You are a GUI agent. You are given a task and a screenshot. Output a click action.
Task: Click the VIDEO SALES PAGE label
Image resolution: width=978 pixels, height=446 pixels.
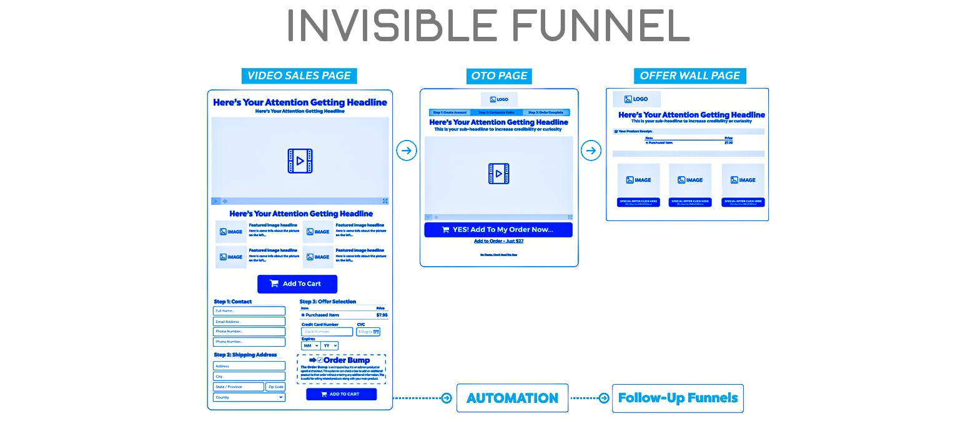click(x=299, y=76)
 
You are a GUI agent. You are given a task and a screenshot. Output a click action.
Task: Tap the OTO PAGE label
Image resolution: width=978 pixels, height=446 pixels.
click(x=499, y=76)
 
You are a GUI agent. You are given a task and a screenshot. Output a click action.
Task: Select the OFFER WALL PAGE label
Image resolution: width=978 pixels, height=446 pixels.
click(x=689, y=76)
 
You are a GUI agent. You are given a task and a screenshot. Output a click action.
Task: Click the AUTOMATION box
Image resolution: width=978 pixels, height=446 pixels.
click(x=512, y=398)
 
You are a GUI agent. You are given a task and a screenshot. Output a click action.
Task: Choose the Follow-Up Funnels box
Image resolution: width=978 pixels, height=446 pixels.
click(x=678, y=398)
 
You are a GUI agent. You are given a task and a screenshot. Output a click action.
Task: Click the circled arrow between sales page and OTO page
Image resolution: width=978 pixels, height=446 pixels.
click(x=407, y=151)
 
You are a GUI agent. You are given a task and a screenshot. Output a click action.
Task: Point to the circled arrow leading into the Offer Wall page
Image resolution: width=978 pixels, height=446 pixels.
click(x=591, y=151)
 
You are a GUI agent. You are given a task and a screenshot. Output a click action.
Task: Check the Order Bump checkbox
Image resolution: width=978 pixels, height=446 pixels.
click(x=320, y=360)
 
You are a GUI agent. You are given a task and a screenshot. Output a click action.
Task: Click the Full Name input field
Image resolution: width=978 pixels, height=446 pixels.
click(x=249, y=311)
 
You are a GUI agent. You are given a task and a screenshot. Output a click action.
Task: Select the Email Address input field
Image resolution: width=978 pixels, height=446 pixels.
click(x=249, y=322)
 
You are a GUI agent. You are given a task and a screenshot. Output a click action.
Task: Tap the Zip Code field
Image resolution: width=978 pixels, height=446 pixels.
click(x=275, y=387)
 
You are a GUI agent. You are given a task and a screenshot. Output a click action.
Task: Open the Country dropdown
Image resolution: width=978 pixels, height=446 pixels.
click(x=249, y=397)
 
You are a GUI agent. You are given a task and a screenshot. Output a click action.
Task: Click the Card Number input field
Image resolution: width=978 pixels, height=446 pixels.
click(x=327, y=332)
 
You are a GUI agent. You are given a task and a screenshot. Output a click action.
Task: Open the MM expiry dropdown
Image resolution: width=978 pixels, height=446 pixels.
click(x=310, y=345)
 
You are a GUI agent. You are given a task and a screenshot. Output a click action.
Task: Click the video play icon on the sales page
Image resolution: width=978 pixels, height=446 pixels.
click(x=300, y=161)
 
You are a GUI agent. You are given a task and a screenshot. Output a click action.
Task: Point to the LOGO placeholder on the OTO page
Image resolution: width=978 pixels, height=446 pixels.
click(x=499, y=99)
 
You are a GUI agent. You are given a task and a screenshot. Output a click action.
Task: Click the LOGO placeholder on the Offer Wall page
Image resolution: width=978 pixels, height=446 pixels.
click(x=636, y=99)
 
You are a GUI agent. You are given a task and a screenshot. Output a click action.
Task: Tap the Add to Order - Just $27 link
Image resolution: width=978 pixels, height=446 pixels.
click(x=498, y=241)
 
